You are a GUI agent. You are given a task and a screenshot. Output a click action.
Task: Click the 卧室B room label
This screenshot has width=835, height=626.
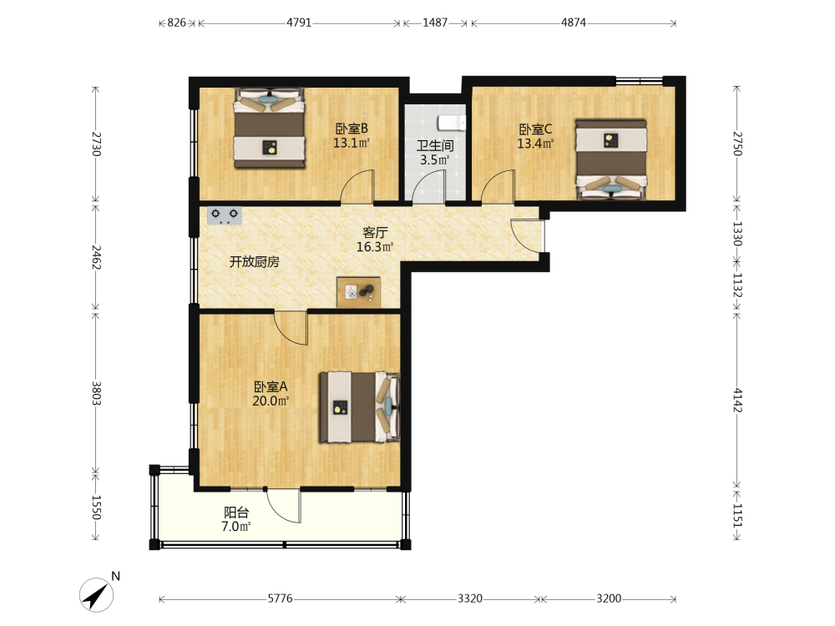(352, 129)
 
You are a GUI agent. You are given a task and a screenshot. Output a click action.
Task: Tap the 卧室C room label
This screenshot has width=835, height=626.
(536, 129)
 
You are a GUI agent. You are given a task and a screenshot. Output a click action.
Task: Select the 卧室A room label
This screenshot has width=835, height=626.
(271, 386)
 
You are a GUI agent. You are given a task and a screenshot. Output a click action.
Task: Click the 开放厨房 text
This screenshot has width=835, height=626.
(254, 262)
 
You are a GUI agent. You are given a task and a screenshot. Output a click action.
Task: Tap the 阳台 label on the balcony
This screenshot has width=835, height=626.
(236, 512)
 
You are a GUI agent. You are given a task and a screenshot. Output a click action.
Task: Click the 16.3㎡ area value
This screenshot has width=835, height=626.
(375, 247)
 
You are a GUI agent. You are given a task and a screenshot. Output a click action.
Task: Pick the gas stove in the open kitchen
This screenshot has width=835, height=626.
(224, 215)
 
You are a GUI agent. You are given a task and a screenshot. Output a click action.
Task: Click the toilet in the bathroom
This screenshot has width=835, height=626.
(452, 123)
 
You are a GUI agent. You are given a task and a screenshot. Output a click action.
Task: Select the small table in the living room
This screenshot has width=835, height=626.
(359, 292)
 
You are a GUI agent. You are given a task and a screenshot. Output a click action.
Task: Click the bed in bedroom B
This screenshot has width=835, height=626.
(270, 129)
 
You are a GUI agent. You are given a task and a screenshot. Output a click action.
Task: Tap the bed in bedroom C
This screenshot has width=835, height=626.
(611, 159)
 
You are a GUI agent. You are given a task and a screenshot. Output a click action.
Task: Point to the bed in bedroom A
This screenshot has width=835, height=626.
(359, 407)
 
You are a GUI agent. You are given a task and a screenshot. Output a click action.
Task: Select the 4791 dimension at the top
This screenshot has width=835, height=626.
(299, 23)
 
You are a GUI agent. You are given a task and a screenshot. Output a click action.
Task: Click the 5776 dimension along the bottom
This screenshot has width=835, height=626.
(280, 598)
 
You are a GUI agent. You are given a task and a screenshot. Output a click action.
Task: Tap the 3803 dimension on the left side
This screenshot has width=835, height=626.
(96, 393)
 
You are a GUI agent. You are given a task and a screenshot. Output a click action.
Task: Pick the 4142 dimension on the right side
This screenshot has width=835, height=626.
(737, 400)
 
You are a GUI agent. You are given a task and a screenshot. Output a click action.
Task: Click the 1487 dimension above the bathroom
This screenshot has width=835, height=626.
(435, 23)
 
